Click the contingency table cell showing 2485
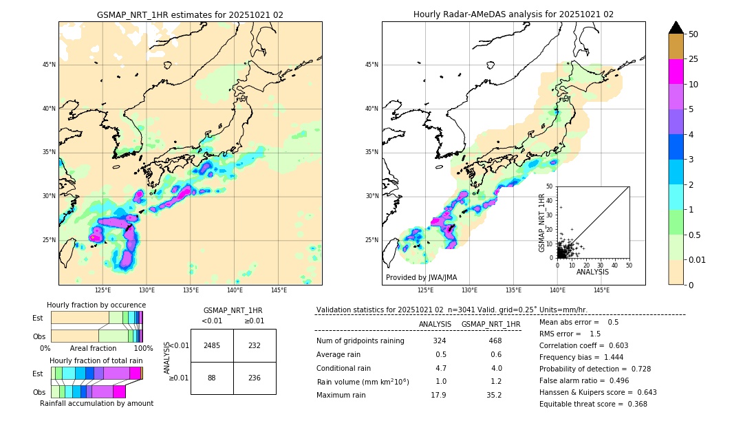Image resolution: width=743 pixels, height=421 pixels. point(212,345)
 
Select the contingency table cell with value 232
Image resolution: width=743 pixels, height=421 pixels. point(255,345)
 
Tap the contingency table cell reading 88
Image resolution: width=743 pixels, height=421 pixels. point(212,378)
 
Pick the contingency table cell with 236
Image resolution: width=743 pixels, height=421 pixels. point(255,378)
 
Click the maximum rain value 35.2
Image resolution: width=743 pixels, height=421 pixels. point(494,395)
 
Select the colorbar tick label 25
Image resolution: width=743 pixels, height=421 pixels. point(694,59)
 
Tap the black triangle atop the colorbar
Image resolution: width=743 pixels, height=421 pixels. point(676,28)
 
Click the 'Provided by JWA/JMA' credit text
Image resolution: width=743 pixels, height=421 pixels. point(421,278)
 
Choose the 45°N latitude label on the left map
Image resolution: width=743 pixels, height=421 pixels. point(49,65)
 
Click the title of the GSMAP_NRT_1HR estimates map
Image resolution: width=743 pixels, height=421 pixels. point(190,14)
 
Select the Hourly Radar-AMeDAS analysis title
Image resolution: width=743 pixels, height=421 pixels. point(513,14)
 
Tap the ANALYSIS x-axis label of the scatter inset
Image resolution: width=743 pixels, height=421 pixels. point(592,272)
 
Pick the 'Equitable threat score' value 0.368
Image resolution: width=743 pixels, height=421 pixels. point(633,404)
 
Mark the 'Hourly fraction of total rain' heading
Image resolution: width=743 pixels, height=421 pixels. point(96,361)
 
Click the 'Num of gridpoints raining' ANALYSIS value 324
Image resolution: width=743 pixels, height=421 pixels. point(440,341)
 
